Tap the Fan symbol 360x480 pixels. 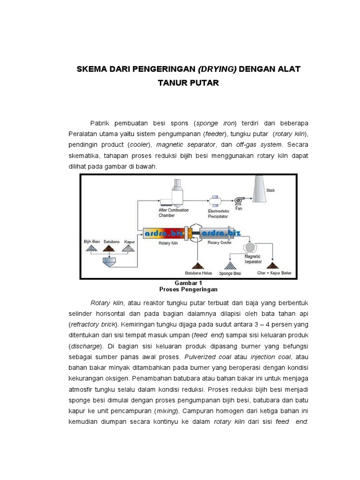click(x=239, y=201)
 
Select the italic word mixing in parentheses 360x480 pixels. click(x=166, y=411)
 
